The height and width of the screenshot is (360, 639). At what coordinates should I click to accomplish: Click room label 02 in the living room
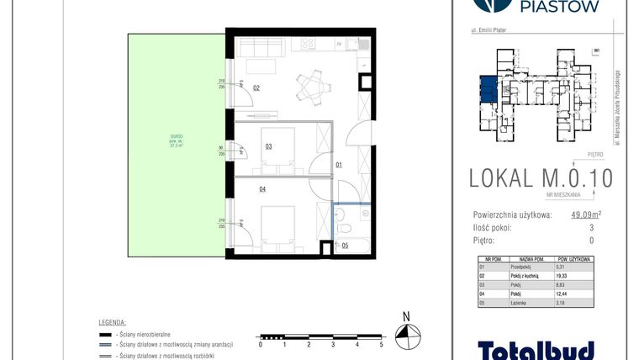[256, 87]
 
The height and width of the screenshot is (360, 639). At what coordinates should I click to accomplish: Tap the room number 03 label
[268, 146]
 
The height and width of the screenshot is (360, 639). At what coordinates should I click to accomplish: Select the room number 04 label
[262, 190]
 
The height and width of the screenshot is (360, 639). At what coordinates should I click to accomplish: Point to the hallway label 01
[340, 165]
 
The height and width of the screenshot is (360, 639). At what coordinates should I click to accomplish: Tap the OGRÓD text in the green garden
[176, 139]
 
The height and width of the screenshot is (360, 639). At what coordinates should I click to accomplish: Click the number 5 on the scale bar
[381, 345]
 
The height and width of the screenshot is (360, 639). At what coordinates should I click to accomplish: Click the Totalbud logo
[536, 349]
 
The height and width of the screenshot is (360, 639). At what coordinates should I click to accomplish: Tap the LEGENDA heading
[111, 322]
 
